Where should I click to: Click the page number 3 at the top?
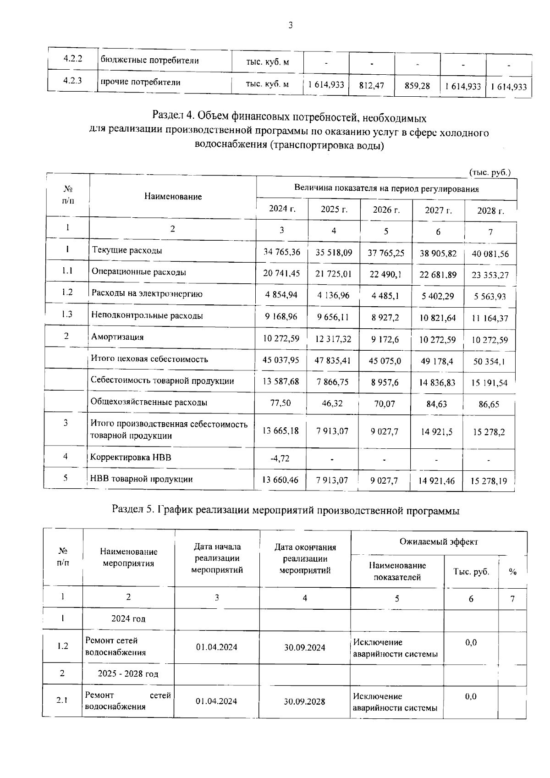[290, 25]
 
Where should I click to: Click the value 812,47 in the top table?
[371, 86]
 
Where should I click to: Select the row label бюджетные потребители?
[149, 61]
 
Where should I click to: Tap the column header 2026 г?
[386, 210]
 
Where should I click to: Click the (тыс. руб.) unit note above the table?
[489, 172]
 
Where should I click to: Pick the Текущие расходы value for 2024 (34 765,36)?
[281, 252]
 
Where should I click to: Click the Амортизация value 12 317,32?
[333, 339]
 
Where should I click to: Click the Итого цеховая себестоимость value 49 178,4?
[437, 361]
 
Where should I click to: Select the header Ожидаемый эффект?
[439, 542]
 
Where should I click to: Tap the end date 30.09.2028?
[304, 701]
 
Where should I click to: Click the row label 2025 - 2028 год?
[128, 674]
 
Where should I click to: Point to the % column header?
[512, 572]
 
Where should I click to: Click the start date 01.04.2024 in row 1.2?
[217, 647]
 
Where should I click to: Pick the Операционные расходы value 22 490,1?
[385, 274]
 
